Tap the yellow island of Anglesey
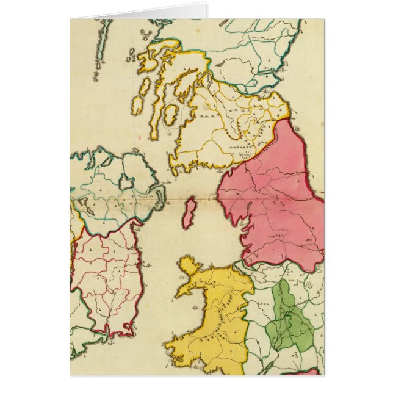point(189,266)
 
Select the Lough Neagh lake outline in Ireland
point(126,181)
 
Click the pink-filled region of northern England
point(275,201)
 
